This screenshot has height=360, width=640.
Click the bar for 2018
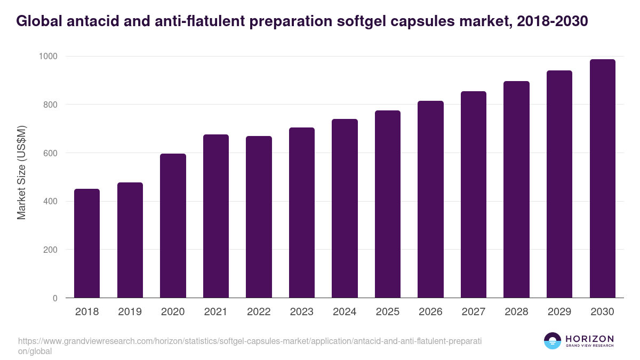point(87,243)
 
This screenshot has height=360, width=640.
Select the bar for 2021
point(215,216)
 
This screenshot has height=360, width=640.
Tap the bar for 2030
point(602,179)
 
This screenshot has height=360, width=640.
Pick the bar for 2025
point(387,204)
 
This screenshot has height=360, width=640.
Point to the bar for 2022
point(259,217)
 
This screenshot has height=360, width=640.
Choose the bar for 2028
point(516,189)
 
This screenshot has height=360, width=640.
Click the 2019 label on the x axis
point(130,312)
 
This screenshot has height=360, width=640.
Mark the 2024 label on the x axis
point(345,312)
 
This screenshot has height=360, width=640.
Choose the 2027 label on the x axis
point(474,312)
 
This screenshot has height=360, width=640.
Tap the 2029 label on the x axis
point(559,312)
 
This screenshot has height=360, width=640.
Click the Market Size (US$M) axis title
point(21,172)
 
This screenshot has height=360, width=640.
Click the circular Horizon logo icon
point(553,341)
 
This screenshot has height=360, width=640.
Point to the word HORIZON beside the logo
point(589,339)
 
